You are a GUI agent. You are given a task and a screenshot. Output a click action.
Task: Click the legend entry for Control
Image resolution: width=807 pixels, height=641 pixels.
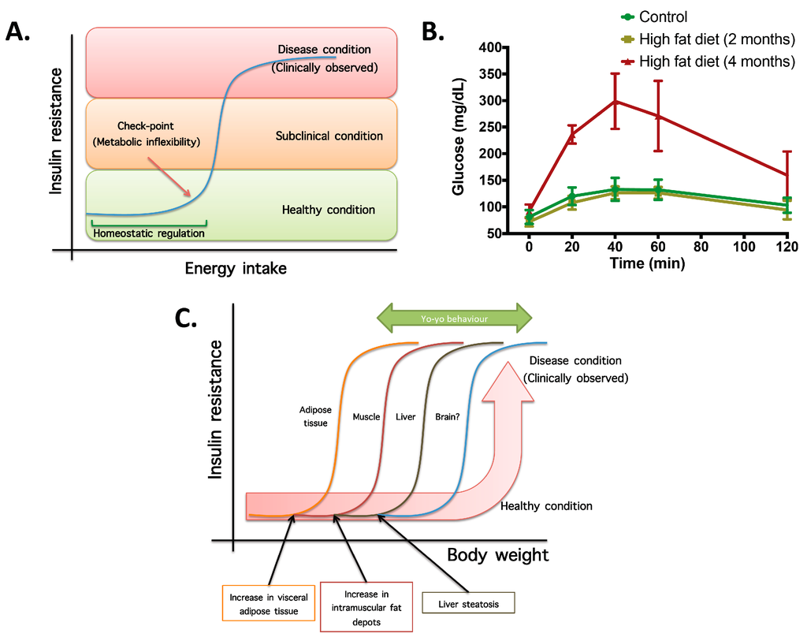tap(662, 17)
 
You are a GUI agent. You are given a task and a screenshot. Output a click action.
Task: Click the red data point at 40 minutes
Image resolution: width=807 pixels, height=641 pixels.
tap(615, 101)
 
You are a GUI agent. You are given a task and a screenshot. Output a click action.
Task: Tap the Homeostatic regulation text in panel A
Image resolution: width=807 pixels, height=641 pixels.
tap(149, 233)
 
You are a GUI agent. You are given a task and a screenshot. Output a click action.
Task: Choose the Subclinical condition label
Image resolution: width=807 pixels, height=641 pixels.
tap(329, 136)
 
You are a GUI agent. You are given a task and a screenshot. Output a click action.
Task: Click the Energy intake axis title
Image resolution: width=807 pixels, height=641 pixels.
tap(236, 269)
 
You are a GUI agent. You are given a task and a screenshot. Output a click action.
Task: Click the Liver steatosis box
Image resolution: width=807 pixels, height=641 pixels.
tap(469, 605)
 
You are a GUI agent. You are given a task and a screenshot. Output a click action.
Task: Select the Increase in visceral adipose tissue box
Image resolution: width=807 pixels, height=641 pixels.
tap(269, 604)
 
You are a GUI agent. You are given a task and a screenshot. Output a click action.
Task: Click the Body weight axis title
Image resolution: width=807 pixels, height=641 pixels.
tap(497, 554)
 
